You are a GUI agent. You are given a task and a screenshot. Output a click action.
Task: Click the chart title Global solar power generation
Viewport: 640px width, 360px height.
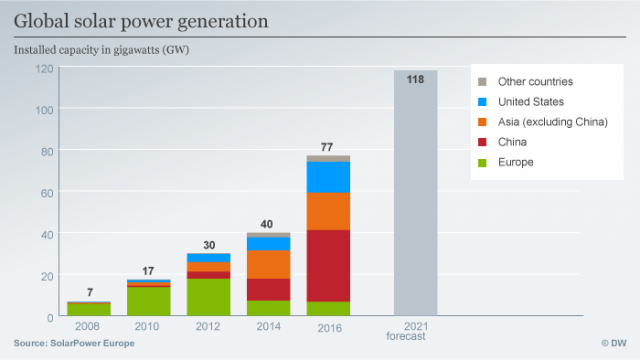click(x=140, y=19)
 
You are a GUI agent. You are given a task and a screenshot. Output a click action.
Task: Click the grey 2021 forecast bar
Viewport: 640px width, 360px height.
click(x=415, y=200)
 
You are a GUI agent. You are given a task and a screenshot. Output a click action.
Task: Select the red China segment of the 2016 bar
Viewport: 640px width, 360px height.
click(x=328, y=265)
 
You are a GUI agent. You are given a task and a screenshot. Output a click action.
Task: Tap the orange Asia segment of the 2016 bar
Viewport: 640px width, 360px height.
click(x=328, y=210)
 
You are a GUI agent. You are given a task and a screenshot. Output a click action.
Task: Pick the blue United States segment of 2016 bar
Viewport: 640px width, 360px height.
click(x=328, y=176)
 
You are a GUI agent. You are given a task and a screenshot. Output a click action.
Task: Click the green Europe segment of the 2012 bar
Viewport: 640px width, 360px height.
click(x=208, y=297)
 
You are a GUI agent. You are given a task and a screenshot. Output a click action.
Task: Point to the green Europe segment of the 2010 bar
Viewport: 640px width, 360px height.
click(x=148, y=301)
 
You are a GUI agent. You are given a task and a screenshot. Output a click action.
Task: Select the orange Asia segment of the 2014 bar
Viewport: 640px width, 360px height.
click(x=268, y=264)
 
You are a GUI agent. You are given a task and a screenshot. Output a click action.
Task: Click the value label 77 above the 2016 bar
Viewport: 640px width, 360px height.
click(x=327, y=147)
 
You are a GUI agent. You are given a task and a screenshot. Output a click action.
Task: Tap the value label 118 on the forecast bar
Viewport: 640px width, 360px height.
click(x=415, y=78)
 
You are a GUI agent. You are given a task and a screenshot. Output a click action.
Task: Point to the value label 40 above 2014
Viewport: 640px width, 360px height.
click(x=267, y=224)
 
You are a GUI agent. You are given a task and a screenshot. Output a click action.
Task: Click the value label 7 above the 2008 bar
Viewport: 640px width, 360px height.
click(x=89, y=292)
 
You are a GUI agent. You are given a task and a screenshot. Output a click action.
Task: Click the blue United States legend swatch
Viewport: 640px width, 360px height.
click(x=483, y=102)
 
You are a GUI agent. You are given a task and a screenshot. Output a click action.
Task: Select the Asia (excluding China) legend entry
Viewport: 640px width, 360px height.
click(x=545, y=122)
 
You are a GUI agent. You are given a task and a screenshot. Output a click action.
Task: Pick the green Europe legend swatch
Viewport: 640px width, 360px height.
click(x=483, y=161)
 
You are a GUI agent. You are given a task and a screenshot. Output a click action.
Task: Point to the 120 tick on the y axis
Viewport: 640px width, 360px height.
click(x=44, y=68)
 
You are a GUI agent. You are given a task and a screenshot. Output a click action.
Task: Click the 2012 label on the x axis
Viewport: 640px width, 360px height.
click(x=208, y=326)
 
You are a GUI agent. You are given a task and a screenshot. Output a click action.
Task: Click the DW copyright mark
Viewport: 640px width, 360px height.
click(x=611, y=343)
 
